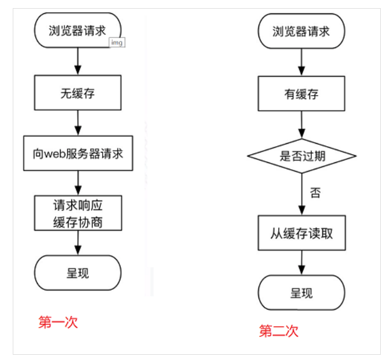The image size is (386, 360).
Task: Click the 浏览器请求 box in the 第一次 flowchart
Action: (x=78, y=31)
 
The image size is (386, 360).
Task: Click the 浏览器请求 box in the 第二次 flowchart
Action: (x=301, y=31)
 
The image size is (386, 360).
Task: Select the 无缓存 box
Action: (x=78, y=94)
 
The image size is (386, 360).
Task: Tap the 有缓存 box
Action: (x=301, y=94)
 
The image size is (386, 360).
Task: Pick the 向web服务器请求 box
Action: (x=78, y=154)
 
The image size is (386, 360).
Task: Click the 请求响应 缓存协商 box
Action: (x=78, y=213)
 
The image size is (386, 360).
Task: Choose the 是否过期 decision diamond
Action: (x=301, y=156)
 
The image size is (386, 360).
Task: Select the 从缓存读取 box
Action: (x=301, y=234)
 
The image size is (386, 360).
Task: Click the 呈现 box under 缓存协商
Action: (x=78, y=272)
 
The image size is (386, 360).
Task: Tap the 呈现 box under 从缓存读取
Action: (x=301, y=293)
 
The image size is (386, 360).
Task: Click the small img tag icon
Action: (x=116, y=43)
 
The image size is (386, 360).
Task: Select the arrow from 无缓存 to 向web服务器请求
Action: (x=78, y=122)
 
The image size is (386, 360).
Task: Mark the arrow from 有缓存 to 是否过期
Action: (x=301, y=124)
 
